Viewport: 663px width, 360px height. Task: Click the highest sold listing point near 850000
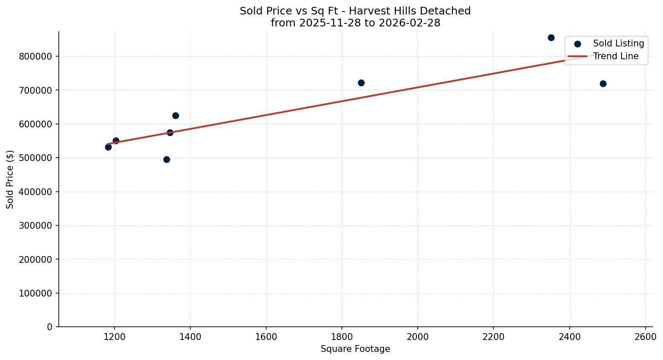551,37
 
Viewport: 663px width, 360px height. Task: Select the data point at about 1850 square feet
361,83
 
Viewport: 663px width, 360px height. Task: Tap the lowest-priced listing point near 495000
166,159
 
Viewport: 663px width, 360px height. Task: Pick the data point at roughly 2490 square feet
603,84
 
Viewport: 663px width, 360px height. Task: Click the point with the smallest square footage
108,147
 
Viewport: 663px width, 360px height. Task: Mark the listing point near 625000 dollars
175,115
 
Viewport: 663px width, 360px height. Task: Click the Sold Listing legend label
618,43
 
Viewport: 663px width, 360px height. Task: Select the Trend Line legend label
616,56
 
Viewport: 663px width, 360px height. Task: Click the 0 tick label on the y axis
50,327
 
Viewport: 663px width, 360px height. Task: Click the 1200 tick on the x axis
114,337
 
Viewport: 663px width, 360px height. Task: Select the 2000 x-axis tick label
417,337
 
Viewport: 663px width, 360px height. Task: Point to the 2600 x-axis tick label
645,337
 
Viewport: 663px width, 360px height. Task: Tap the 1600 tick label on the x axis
266,337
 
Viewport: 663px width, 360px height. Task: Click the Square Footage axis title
355,349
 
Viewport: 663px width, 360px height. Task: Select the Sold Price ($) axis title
10,179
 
